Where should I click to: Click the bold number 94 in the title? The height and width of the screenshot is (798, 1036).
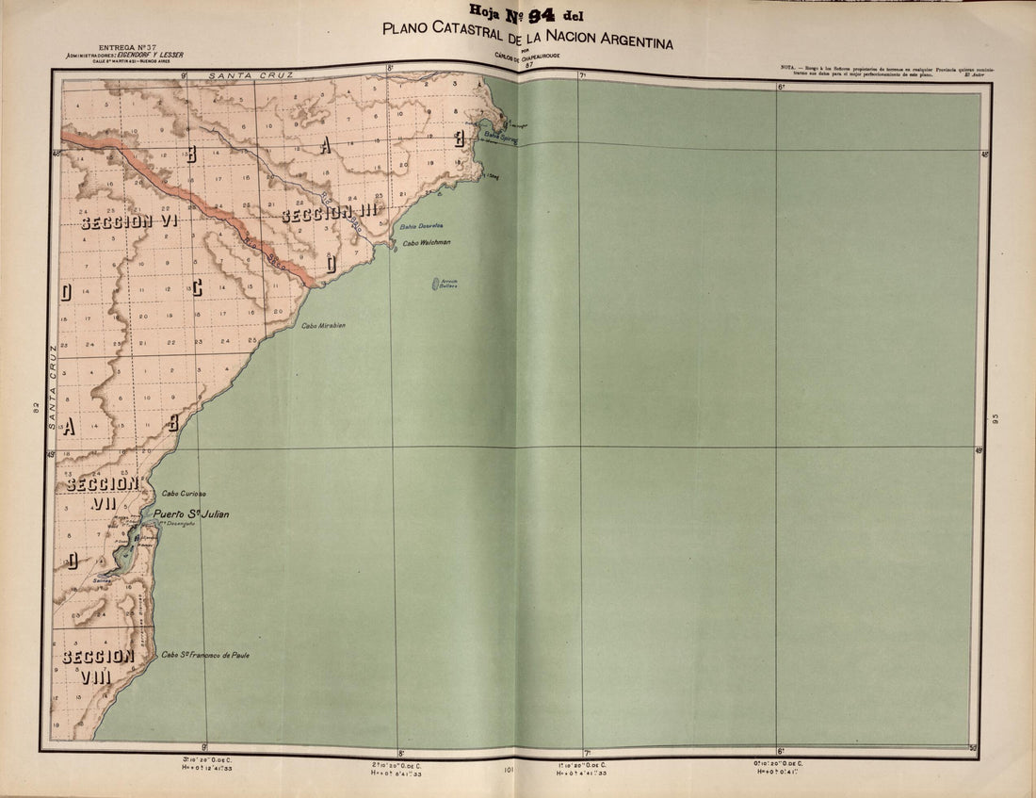point(542,12)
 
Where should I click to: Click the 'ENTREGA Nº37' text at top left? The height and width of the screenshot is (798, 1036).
point(130,47)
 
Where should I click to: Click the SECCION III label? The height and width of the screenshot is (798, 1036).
point(330,214)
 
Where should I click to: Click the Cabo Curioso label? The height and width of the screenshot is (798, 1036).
point(184,494)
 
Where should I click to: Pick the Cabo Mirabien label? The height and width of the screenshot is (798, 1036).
point(323,325)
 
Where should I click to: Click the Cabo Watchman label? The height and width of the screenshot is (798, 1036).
point(427,242)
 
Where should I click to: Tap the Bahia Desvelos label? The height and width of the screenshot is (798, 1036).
point(421,227)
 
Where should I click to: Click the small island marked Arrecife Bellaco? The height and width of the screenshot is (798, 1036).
point(438,283)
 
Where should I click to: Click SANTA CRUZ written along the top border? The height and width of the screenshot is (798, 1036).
point(251,73)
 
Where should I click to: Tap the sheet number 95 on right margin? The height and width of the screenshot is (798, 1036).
point(994,418)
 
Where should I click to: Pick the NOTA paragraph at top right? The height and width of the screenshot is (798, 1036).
point(881,70)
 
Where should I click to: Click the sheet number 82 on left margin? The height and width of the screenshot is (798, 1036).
point(35,407)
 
